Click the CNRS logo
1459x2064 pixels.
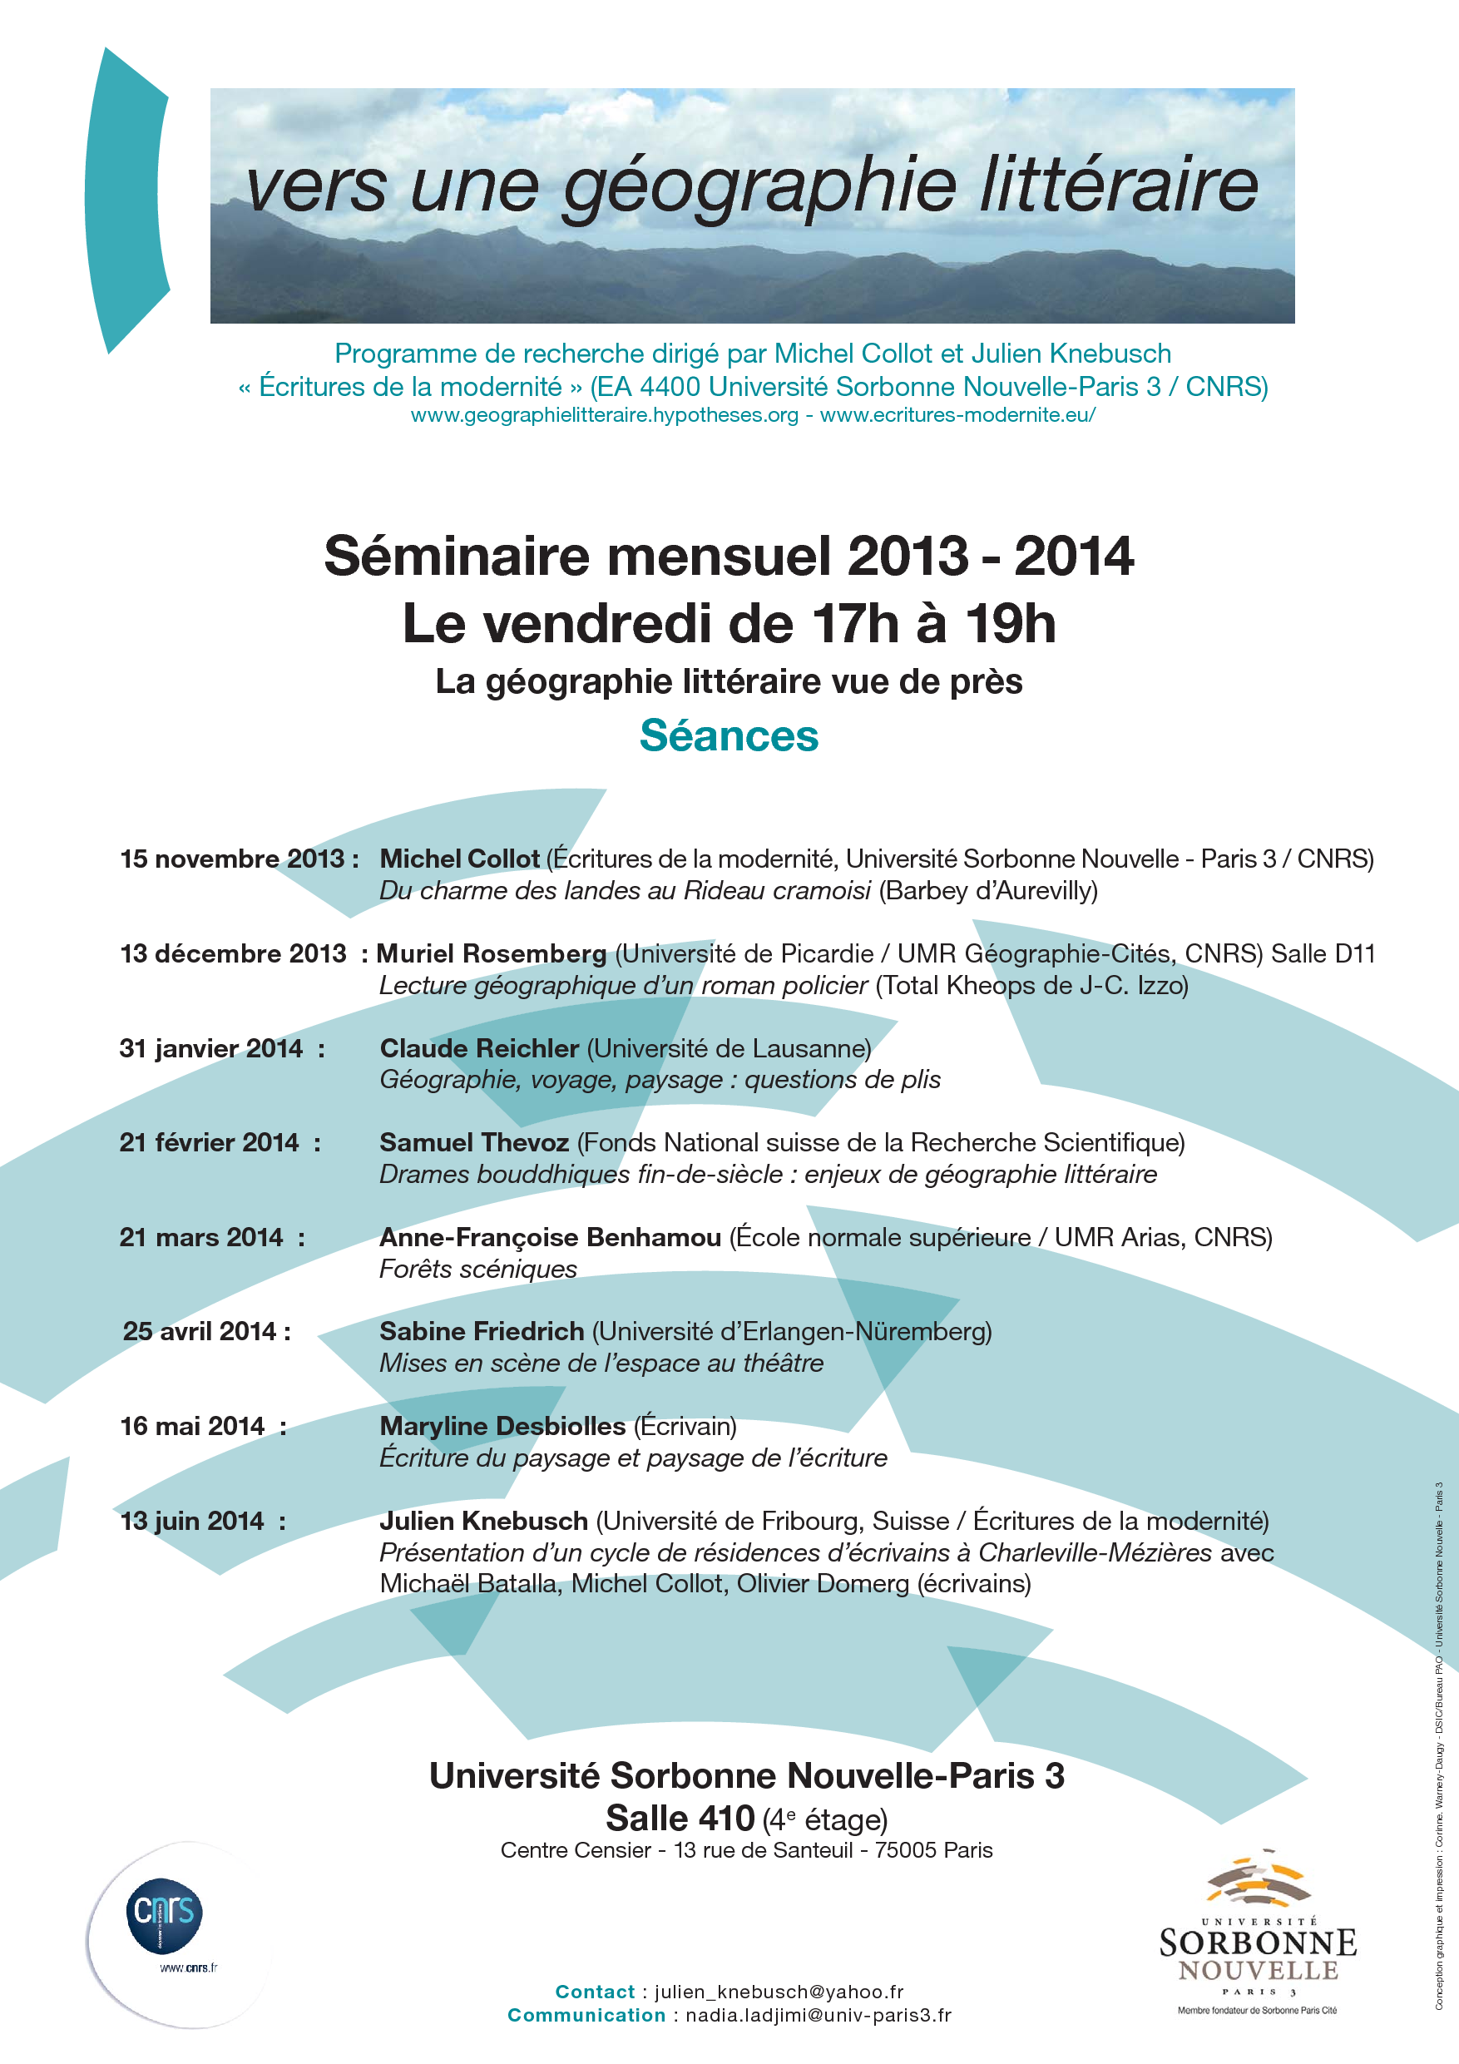point(165,1914)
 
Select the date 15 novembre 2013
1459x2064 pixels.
point(232,859)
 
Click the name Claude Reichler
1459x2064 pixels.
point(479,1048)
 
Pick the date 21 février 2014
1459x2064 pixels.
point(209,1142)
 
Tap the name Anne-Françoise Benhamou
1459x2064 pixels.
point(550,1238)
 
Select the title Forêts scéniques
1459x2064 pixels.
point(477,1269)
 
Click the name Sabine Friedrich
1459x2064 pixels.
point(482,1331)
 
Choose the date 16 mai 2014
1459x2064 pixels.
point(192,1426)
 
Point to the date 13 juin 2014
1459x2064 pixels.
point(191,1521)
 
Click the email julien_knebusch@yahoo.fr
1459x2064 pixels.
point(779,1992)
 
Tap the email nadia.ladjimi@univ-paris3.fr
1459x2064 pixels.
point(818,2016)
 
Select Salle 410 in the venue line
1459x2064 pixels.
point(680,1819)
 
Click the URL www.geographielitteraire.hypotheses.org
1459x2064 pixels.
point(604,415)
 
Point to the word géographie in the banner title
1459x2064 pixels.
point(759,186)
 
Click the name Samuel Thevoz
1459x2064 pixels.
point(474,1142)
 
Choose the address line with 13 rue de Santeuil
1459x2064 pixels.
point(746,1850)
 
